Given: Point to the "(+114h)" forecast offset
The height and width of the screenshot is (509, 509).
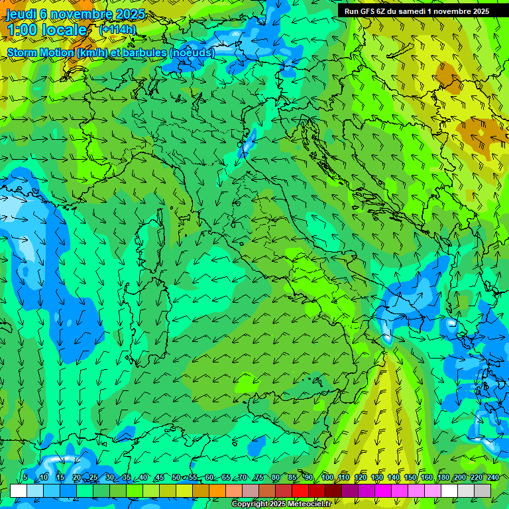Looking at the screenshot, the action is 117,29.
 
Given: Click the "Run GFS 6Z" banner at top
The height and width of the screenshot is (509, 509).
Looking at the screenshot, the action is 416,11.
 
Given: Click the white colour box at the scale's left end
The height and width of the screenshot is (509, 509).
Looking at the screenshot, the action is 18,490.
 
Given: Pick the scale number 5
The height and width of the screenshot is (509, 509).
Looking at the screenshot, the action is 26,478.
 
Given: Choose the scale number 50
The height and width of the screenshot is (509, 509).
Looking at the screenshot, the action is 176,478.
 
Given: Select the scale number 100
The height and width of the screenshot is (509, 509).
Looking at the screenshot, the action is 327,478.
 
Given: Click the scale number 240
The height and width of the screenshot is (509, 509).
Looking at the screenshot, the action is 493,478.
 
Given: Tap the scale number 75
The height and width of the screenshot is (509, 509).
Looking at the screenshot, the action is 259,478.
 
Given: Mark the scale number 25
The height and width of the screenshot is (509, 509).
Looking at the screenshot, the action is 93,478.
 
